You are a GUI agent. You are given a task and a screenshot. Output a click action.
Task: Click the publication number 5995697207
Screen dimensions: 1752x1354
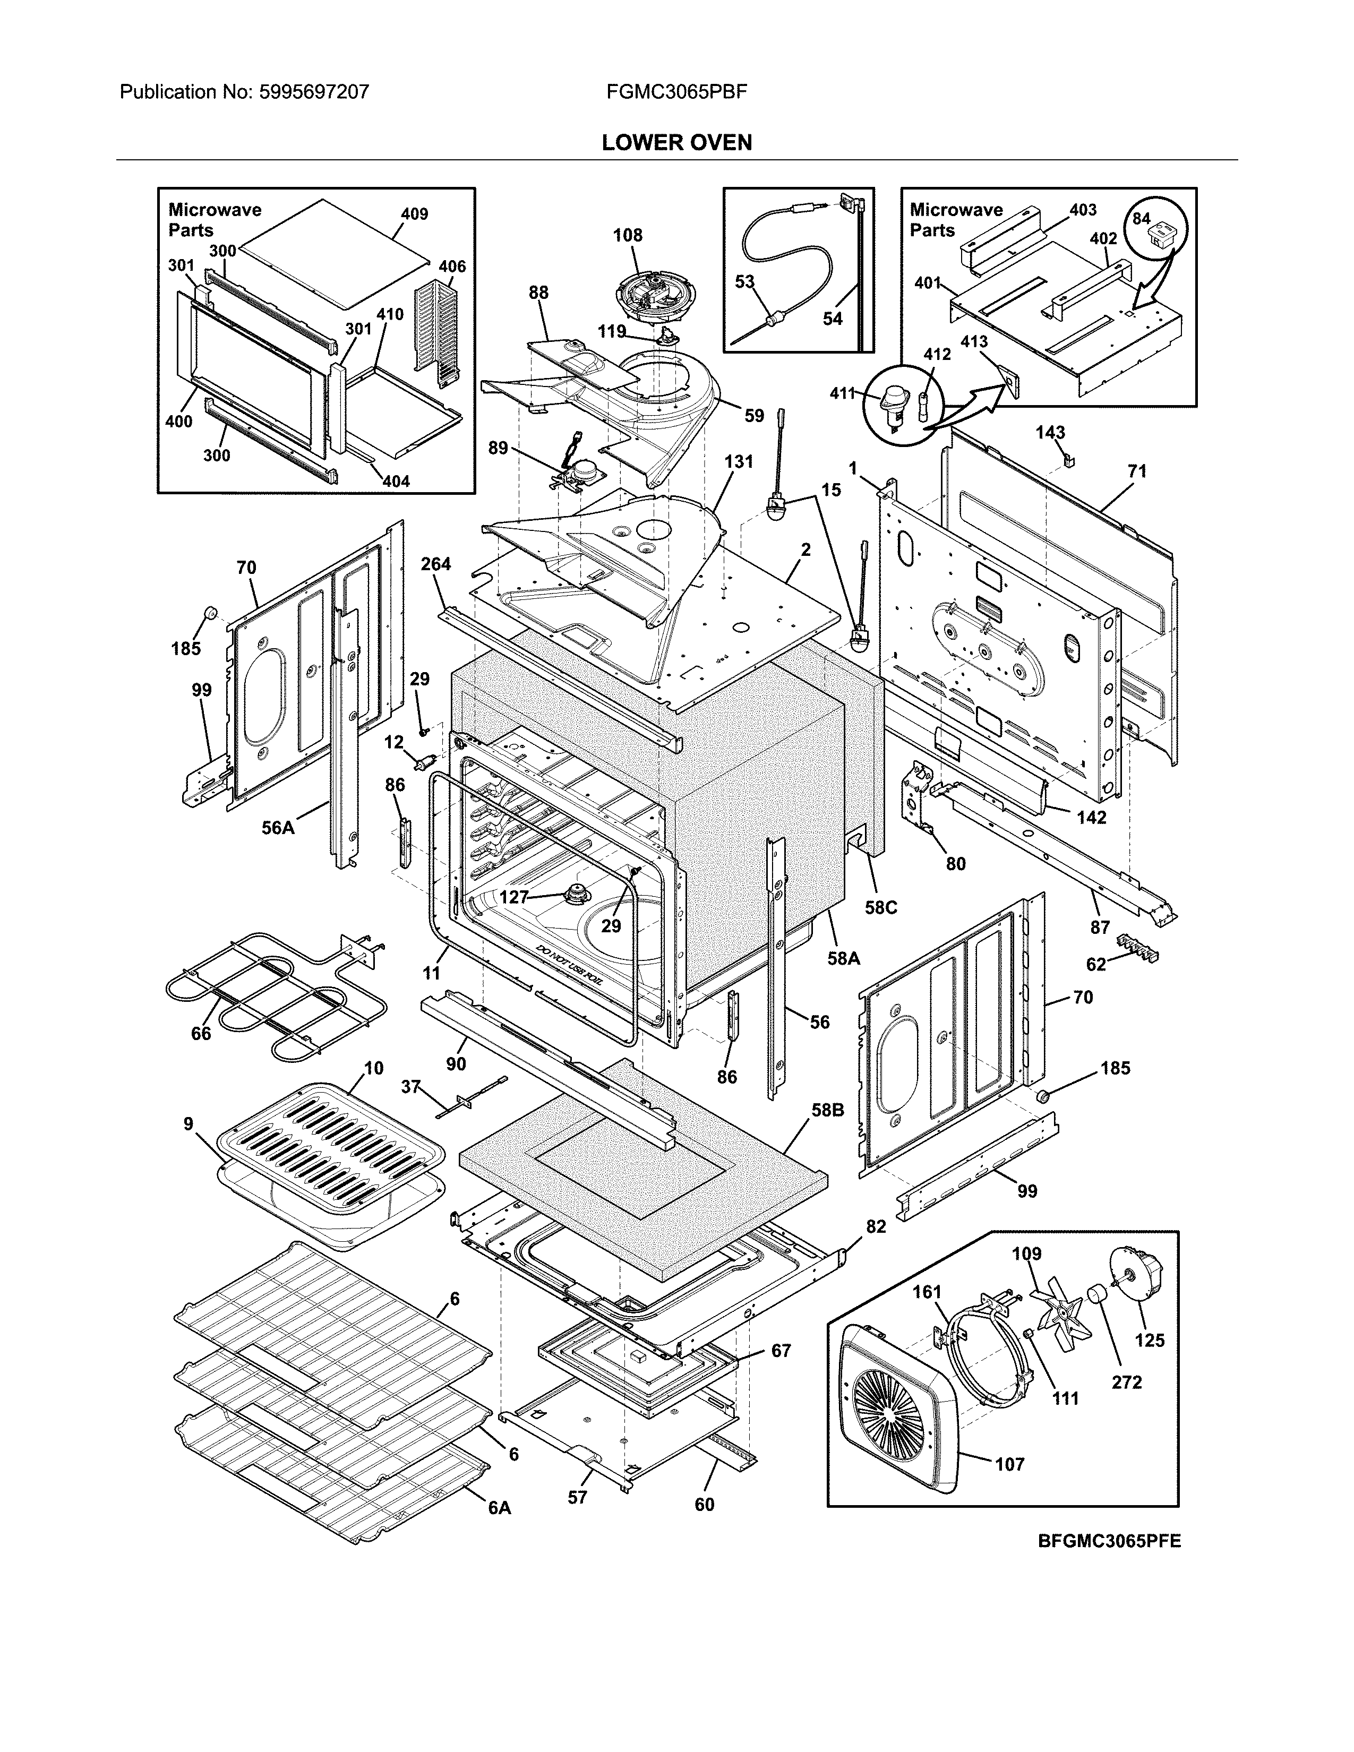coord(314,92)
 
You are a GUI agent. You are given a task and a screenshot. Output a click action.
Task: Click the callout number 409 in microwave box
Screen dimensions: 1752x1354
coord(414,214)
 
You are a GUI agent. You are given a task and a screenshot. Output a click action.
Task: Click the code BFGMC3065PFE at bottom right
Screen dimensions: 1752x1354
coord(1109,1541)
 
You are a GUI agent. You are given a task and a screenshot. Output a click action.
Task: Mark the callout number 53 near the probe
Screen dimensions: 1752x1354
coord(744,281)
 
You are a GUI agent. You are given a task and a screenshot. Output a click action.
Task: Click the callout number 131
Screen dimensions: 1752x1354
coord(738,461)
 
